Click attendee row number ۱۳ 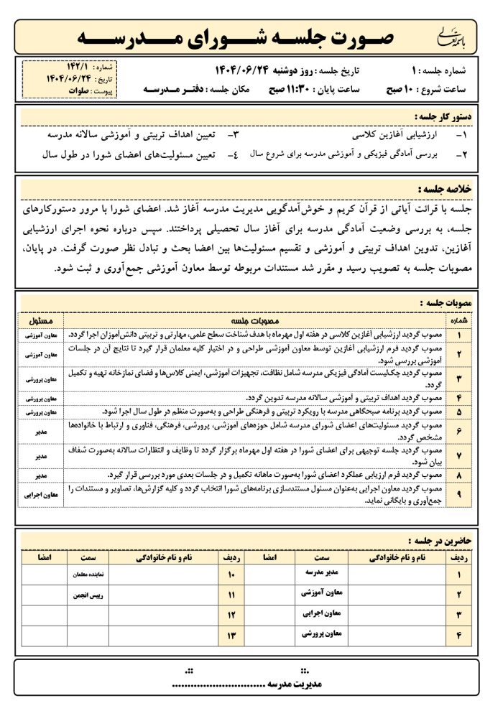[231, 635]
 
